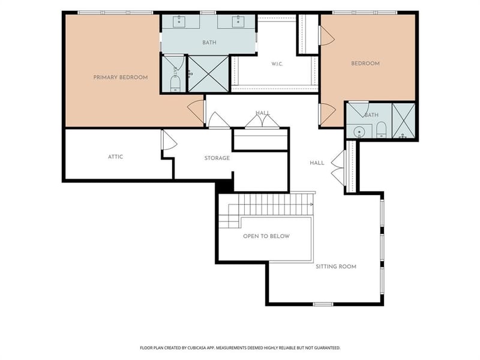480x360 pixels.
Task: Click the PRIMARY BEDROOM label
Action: [x=121, y=77]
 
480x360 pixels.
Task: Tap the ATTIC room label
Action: [x=115, y=157]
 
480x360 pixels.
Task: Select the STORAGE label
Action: [x=217, y=158]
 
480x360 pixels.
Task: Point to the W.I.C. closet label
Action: [x=277, y=64]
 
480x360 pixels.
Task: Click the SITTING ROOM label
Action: [x=336, y=266]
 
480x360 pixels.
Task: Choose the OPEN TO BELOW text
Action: [x=266, y=236]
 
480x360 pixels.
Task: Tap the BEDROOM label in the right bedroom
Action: [x=365, y=64]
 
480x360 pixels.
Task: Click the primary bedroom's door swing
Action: [x=196, y=112]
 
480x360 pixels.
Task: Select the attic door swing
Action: [x=169, y=140]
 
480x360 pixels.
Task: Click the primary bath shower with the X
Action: [x=208, y=74]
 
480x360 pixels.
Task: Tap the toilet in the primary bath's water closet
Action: [x=175, y=83]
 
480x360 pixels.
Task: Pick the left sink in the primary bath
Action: [x=179, y=22]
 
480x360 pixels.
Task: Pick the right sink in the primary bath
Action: [x=238, y=22]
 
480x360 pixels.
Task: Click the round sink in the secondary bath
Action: [x=359, y=132]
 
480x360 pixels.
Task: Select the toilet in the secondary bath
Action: [x=381, y=130]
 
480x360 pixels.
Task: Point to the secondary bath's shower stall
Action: [x=403, y=121]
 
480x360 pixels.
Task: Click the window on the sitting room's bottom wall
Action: [x=323, y=304]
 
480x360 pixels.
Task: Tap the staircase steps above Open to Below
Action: [x=266, y=208]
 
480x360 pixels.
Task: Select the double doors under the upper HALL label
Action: [x=262, y=121]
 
